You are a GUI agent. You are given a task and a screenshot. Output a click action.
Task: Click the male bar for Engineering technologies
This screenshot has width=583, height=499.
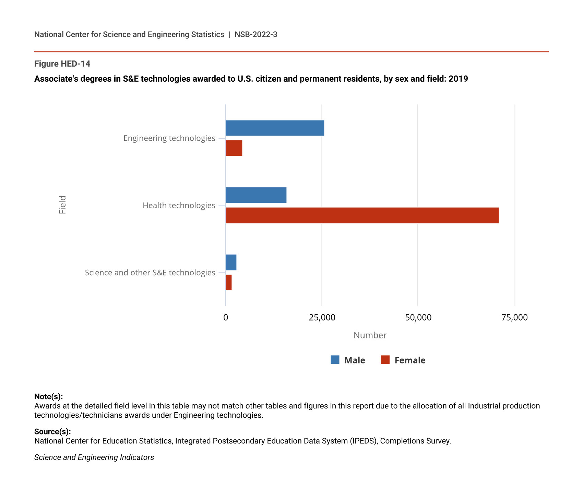click(x=275, y=128)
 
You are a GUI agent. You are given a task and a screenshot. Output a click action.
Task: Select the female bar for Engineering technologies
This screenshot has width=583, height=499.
click(x=234, y=148)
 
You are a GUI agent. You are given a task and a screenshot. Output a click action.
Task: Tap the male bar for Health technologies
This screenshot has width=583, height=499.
click(x=256, y=195)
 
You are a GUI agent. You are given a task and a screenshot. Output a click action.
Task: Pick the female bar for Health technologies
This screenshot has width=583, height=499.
click(x=362, y=215)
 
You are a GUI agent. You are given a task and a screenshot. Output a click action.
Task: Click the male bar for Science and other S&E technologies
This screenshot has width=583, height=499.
click(x=231, y=263)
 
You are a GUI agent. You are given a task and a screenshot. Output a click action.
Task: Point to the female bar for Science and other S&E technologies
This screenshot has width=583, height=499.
click(x=228, y=282)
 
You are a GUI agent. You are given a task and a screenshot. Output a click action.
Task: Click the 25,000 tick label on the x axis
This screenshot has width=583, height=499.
click(x=322, y=318)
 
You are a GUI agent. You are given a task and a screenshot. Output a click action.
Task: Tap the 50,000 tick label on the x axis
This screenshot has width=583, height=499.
click(x=418, y=318)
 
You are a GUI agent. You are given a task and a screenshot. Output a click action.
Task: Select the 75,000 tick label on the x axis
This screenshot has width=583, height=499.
click(x=514, y=318)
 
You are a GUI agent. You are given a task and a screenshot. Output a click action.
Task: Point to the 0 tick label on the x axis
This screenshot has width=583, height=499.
click(x=226, y=318)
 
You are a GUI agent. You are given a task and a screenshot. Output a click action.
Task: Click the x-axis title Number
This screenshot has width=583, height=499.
click(x=370, y=335)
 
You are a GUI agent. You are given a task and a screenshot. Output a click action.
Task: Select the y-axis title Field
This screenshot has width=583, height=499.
click(x=62, y=205)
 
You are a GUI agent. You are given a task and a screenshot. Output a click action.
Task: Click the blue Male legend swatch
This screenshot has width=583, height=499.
click(x=335, y=360)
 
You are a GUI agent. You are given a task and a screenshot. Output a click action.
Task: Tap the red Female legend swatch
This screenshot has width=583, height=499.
click(x=385, y=360)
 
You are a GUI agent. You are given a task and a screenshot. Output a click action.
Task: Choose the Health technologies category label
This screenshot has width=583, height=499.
click(x=179, y=206)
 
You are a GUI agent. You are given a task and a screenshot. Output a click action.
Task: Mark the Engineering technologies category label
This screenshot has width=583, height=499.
click(x=169, y=138)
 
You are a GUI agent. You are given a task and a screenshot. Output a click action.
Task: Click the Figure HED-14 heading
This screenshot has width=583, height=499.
click(x=62, y=64)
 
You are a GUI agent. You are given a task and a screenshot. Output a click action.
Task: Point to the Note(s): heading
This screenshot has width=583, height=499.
click(x=48, y=397)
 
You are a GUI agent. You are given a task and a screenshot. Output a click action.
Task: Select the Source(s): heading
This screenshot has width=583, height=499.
click(x=52, y=432)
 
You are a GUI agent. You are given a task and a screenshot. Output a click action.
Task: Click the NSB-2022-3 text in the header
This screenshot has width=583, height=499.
click(x=256, y=34)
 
